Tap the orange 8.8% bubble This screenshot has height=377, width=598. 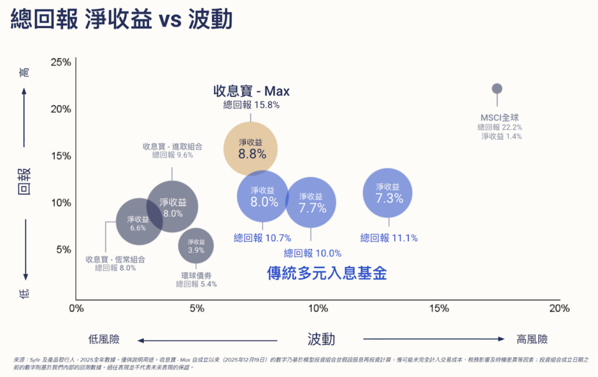(251, 148)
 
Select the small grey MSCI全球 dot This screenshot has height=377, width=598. (497, 89)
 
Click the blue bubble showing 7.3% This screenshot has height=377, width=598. (388, 193)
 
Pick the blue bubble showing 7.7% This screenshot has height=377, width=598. (311, 203)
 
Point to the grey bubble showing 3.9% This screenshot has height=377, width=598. (196, 246)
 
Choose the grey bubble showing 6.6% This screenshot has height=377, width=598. (138, 222)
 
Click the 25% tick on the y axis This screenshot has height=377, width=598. (61, 62)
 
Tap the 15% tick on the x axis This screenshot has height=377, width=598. (439, 308)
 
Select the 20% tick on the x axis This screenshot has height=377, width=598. (559, 308)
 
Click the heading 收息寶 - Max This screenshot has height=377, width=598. (251, 91)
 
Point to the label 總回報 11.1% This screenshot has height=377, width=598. (389, 238)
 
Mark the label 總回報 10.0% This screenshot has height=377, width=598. (312, 253)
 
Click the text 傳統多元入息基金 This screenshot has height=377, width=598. (327, 273)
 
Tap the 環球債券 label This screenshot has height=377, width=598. (196, 275)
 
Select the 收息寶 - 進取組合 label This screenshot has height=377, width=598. (172, 146)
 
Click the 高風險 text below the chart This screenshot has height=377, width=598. (532, 339)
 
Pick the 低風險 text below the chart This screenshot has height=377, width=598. (104, 339)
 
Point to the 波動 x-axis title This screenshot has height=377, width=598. (321, 339)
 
